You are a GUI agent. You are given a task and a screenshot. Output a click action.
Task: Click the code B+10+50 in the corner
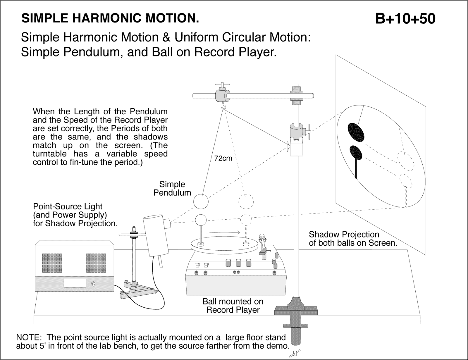[405, 18]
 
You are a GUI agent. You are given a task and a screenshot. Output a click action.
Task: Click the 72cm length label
[223, 159]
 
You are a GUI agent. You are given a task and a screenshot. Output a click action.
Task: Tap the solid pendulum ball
[201, 201]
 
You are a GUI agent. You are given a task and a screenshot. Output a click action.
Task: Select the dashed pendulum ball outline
[246, 201]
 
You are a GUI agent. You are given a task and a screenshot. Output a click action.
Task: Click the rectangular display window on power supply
[75, 283]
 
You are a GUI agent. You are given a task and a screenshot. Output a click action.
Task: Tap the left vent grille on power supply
[52, 262]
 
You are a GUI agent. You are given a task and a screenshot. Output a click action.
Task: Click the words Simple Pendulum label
[172, 188]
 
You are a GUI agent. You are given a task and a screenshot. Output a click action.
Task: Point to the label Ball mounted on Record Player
[233, 306]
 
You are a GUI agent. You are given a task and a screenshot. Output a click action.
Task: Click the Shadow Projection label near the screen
[352, 238]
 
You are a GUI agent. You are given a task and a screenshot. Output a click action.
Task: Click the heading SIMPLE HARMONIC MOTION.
[110, 18]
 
